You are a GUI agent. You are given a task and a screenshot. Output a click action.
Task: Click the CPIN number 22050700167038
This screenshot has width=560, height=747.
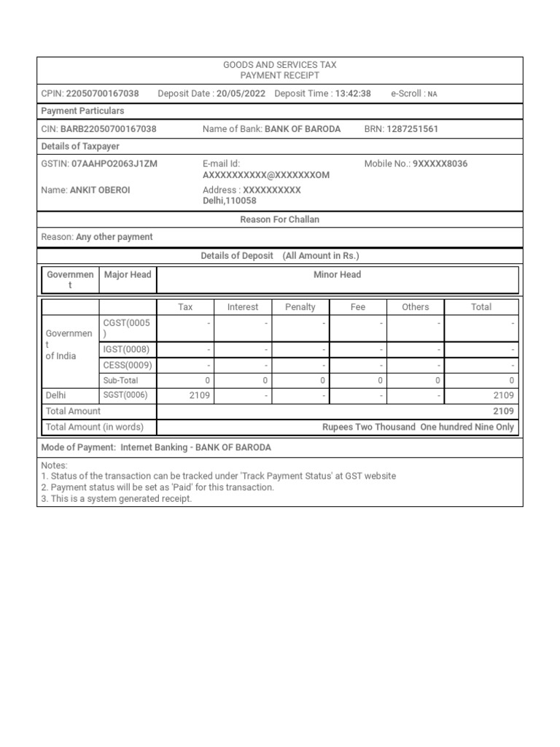(102, 93)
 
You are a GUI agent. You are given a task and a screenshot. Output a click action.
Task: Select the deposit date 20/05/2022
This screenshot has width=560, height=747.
(241, 93)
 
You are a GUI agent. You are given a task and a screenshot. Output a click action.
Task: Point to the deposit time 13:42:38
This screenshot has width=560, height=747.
(353, 93)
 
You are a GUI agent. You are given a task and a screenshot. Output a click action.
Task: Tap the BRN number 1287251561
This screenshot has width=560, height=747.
(413, 129)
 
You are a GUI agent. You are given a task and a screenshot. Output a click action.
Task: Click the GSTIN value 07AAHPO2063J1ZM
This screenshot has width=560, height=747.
(114, 164)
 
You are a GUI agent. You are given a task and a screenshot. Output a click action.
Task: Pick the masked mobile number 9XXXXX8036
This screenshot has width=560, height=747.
(440, 164)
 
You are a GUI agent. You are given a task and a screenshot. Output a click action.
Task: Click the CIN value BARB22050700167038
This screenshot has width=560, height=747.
(108, 129)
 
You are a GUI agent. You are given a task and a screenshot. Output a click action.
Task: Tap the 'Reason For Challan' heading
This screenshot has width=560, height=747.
(280, 220)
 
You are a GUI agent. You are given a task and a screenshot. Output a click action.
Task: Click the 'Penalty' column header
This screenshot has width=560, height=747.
(300, 307)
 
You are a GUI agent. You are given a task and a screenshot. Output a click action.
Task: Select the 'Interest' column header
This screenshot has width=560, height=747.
(243, 307)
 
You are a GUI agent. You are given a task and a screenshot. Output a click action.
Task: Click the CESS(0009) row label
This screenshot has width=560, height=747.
(128, 365)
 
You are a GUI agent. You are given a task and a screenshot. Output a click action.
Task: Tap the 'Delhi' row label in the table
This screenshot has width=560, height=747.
(56, 395)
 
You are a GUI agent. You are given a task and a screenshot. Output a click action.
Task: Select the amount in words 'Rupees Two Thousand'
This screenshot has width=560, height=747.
(369, 427)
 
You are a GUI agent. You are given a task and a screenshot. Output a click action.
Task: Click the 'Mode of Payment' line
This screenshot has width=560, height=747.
(157, 447)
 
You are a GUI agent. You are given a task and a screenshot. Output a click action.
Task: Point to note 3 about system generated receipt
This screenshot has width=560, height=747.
(117, 500)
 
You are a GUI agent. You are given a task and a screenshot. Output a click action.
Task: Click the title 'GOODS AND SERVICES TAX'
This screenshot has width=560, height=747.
(280, 65)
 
